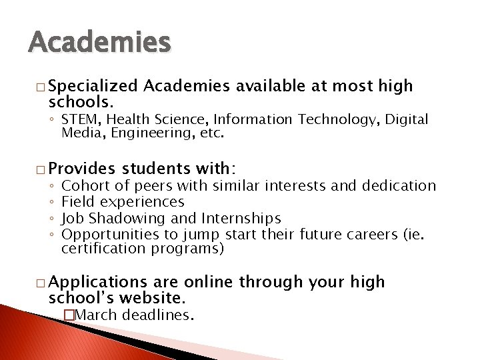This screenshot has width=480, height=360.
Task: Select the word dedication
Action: point(395,186)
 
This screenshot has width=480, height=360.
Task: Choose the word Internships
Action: point(243,218)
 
